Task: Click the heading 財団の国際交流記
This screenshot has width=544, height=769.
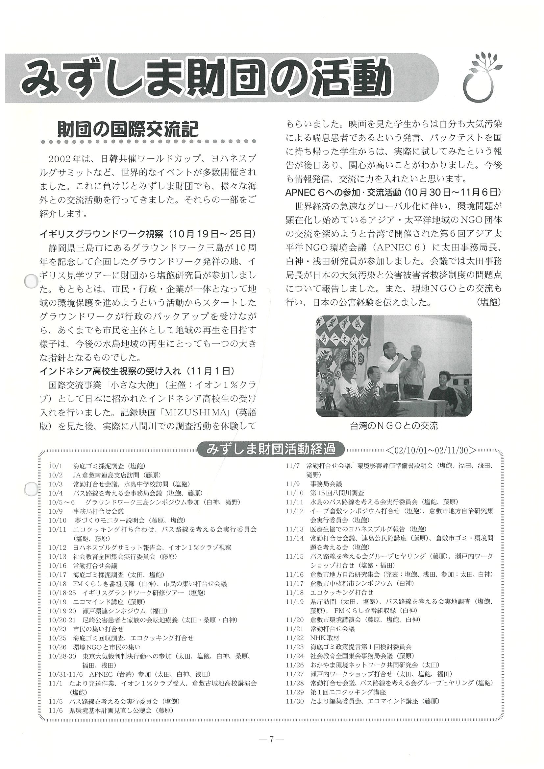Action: click(x=128, y=129)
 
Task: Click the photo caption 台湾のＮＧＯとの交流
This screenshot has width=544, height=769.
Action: click(x=393, y=426)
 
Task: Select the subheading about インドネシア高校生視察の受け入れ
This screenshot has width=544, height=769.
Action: click(x=110, y=371)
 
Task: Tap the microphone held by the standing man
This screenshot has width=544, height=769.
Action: click(x=402, y=356)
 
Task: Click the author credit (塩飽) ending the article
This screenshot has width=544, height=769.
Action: click(x=488, y=302)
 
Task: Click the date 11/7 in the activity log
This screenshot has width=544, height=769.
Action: click(x=292, y=466)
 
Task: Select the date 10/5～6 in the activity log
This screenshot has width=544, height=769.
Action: click(x=62, y=502)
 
